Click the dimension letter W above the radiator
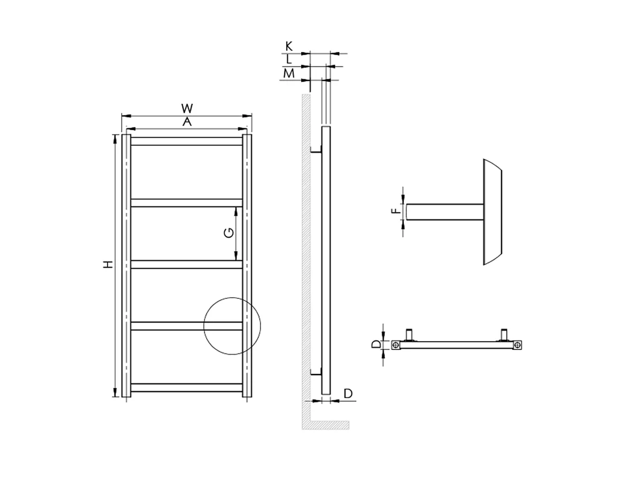pyautogui.click(x=186, y=109)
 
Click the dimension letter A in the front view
pyautogui.click(x=186, y=122)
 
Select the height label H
pyautogui.click(x=108, y=265)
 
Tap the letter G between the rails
pyautogui.click(x=227, y=232)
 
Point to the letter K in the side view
pyautogui.click(x=289, y=47)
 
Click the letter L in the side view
pyautogui.click(x=289, y=59)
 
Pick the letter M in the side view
pyautogui.click(x=289, y=73)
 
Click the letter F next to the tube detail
pyautogui.click(x=395, y=211)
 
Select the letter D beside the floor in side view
pyautogui.click(x=348, y=394)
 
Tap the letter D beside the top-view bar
pyautogui.click(x=376, y=344)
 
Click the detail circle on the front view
pyautogui.click(x=231, y=326)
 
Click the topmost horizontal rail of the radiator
pyautogui.click(x=186, y=141)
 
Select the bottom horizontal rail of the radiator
pyautogui.click(x=186, y=387)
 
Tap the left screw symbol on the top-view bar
pyautogui.click(x=395, y=345)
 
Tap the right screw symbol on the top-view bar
pyautogui.click(x=517, y=345)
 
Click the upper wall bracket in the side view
pyautogui.click(x=317, y=150)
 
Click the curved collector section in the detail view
pyautogui.click(x=492, y=212)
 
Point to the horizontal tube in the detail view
pyautogui.click(x=444, y=212)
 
